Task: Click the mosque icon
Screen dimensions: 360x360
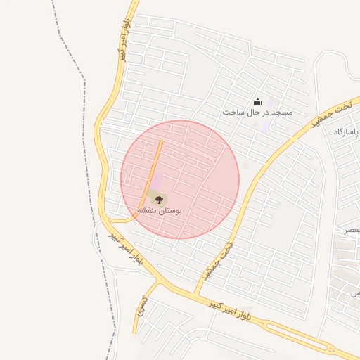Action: tap(257, 101)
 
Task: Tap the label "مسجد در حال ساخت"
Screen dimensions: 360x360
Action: tap(257, 112)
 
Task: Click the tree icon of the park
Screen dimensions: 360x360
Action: tap(157, 198)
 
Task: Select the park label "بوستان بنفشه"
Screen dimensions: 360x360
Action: tap(159, 210)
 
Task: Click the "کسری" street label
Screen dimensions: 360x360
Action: tap(143, 304)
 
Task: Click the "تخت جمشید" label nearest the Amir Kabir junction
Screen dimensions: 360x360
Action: tap(217, 262)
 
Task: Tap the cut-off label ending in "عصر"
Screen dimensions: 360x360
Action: tap(352, 230)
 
